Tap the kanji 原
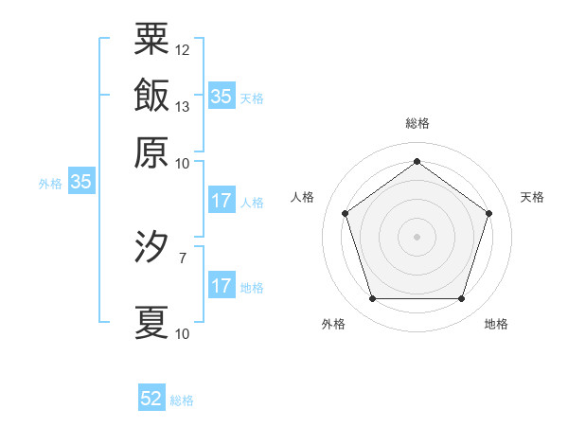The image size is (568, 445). (x=151, y=151)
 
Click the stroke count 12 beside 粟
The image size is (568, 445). (x=183, y=49)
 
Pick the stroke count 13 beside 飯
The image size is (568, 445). (x=183, y=106)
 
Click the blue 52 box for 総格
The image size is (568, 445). (x=151, y=399)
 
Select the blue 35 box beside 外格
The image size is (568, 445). (x=80, y=183)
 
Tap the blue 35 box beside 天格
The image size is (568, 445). (x=221, y=96)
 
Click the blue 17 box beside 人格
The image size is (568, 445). (x=221, y=201)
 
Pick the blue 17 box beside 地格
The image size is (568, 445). (x=221, y=286)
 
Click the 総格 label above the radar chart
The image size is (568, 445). (x=417, y=123)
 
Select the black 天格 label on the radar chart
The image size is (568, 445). (x=532, y=197)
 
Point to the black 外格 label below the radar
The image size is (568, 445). (x=333, y=324)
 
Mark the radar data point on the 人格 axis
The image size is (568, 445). (x=345, y=213)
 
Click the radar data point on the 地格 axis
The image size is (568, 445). (x=462, y=299)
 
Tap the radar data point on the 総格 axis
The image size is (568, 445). (x=417, y=160)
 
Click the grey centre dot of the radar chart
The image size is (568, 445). (x=417, y=236)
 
